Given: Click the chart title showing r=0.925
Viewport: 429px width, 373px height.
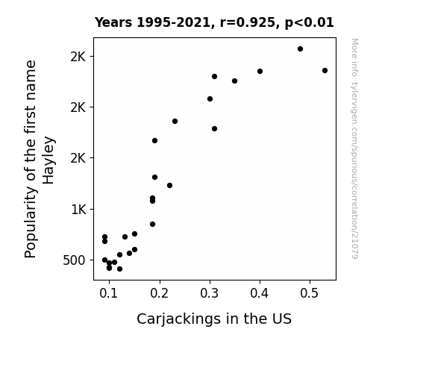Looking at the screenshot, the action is (214, 22).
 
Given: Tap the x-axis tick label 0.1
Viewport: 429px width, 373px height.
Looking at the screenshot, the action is (109, 293).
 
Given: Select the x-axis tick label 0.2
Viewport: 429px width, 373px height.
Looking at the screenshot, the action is (159, 293).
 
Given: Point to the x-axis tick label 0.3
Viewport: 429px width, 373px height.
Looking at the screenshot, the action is (210, 293).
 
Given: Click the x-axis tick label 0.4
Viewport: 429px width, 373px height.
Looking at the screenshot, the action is (260, 293).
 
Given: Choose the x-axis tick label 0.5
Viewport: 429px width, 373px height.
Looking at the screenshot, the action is (310, 293).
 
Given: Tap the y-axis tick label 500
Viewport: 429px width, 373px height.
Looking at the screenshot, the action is (74, 260).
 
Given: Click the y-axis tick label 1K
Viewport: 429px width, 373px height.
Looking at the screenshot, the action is (78, 210).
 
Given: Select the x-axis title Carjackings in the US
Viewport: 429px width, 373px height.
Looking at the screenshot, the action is (214, 319).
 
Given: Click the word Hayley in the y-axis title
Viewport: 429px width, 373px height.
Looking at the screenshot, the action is (48, 160).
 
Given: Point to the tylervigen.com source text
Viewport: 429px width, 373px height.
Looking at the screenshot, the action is (354, 148).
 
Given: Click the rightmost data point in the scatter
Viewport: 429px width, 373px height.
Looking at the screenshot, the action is (325, 71).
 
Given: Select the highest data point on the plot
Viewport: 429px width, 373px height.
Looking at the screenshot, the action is (300, 49).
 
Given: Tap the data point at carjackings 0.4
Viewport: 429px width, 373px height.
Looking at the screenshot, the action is (260, 71).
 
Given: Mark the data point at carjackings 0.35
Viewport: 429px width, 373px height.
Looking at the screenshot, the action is (234, 81).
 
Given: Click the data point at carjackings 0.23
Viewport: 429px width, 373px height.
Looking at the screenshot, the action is (175, 122).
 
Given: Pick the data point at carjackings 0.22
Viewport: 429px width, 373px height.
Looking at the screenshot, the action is (169, 185).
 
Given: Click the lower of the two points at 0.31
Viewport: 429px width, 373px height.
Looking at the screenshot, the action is (215, 128).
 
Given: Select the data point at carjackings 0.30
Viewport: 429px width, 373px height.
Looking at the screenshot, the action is (210, 98).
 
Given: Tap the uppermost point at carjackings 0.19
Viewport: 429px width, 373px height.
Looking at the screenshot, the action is (154, 141).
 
